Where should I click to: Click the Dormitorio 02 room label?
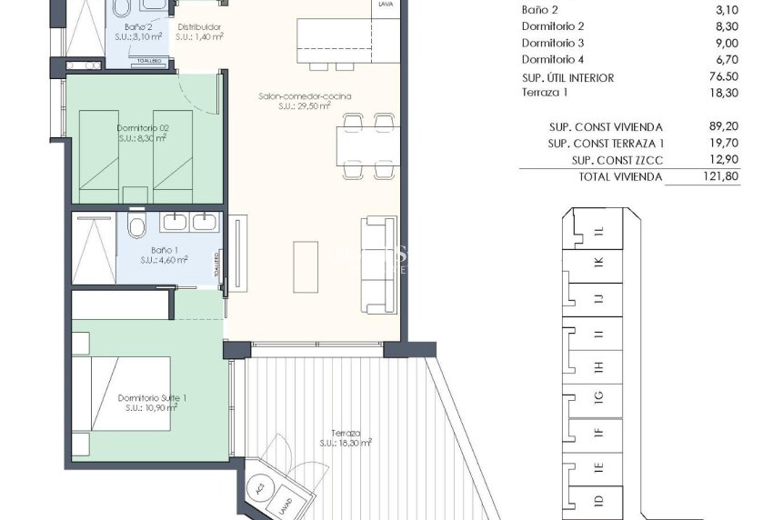pos(143,128)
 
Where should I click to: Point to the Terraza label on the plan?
pos(346,433)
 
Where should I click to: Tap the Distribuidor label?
pos(200,27)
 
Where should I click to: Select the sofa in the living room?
pos(378,263)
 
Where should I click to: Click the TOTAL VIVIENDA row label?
pos(620,176)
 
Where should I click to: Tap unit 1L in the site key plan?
pos(597,231)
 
